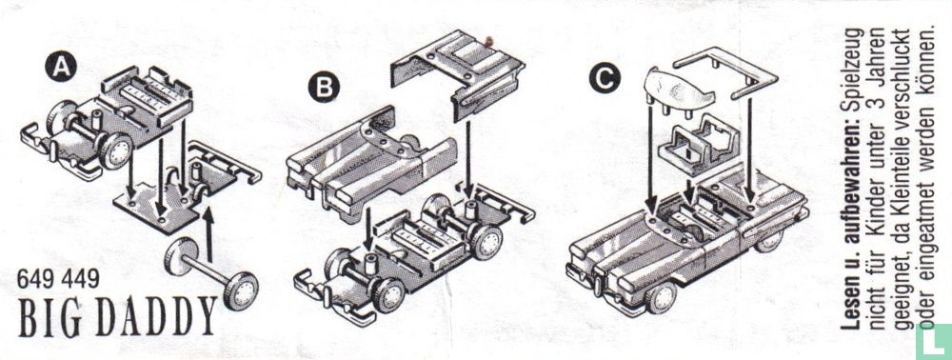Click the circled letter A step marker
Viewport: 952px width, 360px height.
61,66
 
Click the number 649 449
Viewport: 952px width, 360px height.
58,279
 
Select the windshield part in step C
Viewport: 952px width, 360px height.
678,89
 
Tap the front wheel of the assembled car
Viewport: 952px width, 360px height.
660,296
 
